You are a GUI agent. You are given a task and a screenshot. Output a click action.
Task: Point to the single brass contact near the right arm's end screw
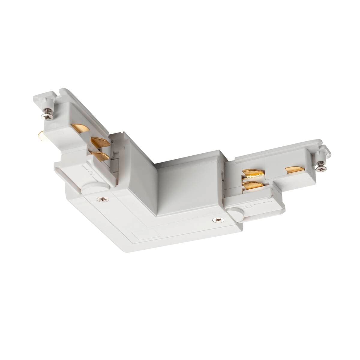point(294,170)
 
